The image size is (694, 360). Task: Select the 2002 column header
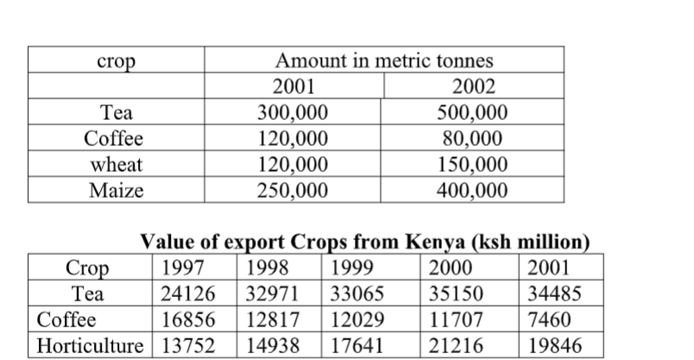tap(473, 88)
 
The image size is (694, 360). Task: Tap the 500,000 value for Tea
tap(473, 114)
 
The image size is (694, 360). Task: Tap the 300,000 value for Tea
tap(293, 114)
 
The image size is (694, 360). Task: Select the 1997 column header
tap(180, 267)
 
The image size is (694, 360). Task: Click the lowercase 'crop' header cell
tap(114, 62)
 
